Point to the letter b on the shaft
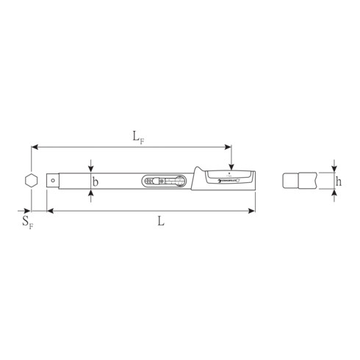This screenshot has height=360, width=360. point(96,180)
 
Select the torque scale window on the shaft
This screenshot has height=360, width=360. point(166,180)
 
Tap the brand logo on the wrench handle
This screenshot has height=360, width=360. point(223,181)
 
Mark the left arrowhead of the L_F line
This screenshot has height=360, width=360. point(34,145)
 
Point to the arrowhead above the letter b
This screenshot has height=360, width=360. point(90,170)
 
